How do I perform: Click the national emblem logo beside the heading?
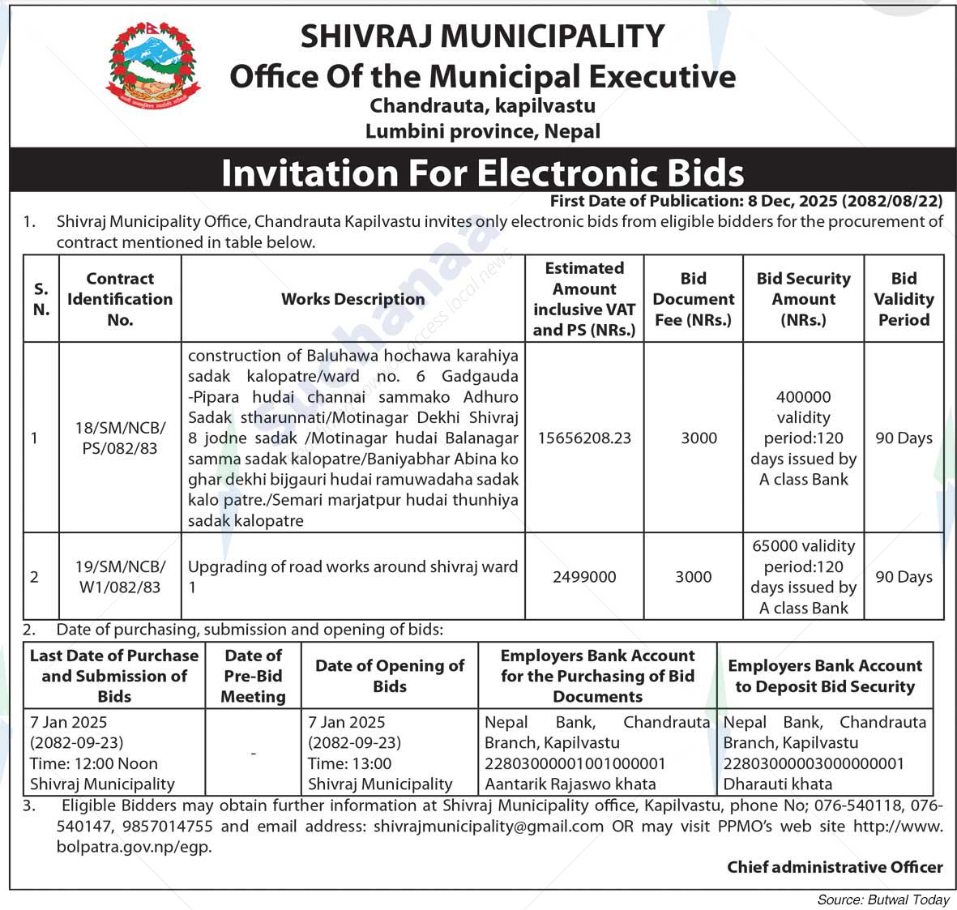coord(153,66)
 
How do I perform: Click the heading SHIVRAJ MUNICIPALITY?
coord(482,36)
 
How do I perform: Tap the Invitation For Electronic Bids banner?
coord(482,173)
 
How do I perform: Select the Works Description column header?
coord(352,299)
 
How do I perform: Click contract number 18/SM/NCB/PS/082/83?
coord(120,438)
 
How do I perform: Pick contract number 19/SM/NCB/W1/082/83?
coord(120,577)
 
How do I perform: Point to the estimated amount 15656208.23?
coord(584,438)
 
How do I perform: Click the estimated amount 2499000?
coord(584,577)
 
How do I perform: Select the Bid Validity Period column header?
coord(904,299)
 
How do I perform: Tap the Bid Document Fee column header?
coord(693,299)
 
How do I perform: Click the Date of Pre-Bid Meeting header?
coord(253,676)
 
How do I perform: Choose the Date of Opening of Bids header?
coord(390,676)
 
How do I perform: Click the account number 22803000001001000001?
coord(575,763)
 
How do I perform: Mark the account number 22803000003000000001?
coord(814,763)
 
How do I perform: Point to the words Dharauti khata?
coord(777,784)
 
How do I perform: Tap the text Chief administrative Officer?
coord(835,867)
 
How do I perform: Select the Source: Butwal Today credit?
coord(883,899)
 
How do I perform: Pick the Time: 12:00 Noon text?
coord(94,763)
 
